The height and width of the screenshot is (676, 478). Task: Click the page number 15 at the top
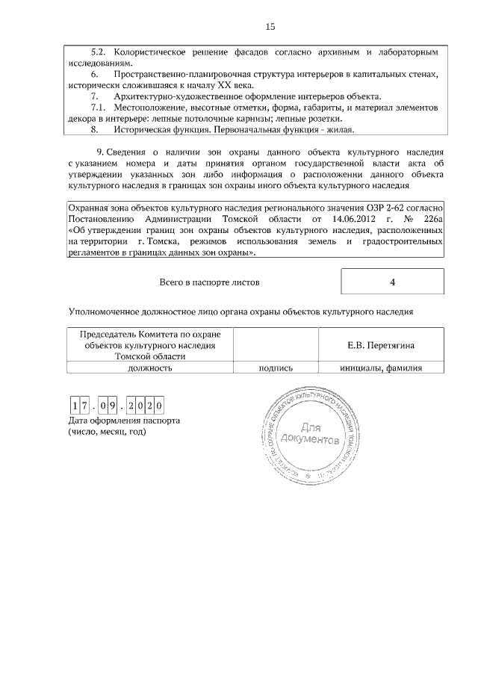pos(270,27)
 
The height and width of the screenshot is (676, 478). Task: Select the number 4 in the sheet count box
pos(392,282)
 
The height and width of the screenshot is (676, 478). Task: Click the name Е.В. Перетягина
pos(381,345)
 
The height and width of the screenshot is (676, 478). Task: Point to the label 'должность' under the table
pos(150,368)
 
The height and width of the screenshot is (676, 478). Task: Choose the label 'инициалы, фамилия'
pos(381,368)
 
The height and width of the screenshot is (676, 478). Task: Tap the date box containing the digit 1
pos(75,406)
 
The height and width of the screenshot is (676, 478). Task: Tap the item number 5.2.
pos(99,53)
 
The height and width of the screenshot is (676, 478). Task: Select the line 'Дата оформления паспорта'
pos(123,421)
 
